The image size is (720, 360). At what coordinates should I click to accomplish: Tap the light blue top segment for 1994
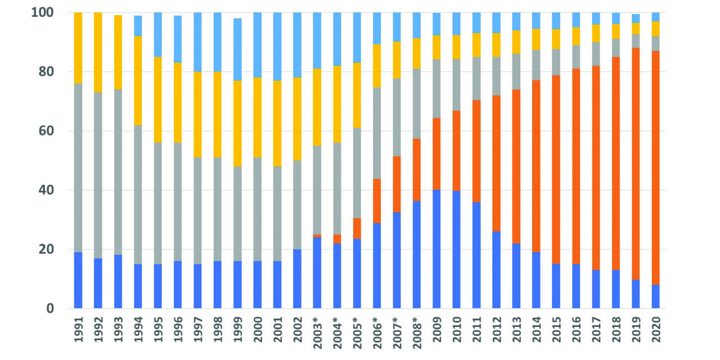(x=138, y=26)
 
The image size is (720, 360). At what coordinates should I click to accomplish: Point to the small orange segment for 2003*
(x=317, y=236)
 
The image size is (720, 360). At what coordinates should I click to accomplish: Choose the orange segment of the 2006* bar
(x=377, y=201)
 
